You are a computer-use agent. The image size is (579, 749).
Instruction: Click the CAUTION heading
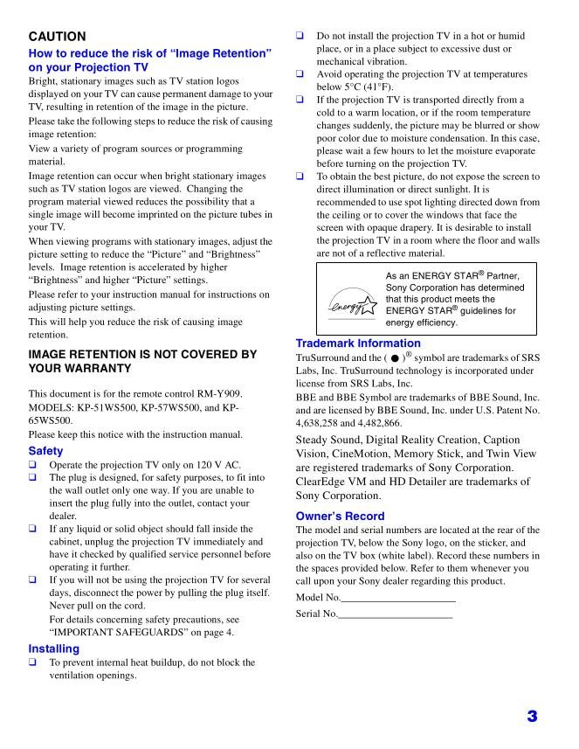[57, 37]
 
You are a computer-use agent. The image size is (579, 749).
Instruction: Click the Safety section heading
[45, 451]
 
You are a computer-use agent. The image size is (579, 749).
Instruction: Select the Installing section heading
[53, 648]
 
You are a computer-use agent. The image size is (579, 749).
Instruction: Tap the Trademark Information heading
[358, 343]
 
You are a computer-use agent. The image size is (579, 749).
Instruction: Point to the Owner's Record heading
[341, 516]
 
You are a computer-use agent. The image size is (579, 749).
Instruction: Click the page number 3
[531, 717]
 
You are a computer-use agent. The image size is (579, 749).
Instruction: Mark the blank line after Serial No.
[395, 614]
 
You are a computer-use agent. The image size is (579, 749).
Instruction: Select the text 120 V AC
[212, 465]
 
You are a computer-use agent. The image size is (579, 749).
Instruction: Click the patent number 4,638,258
[321, 420]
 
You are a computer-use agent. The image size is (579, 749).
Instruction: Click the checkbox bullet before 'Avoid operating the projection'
[300, 74]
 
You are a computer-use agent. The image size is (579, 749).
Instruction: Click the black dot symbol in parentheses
[395, 358]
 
